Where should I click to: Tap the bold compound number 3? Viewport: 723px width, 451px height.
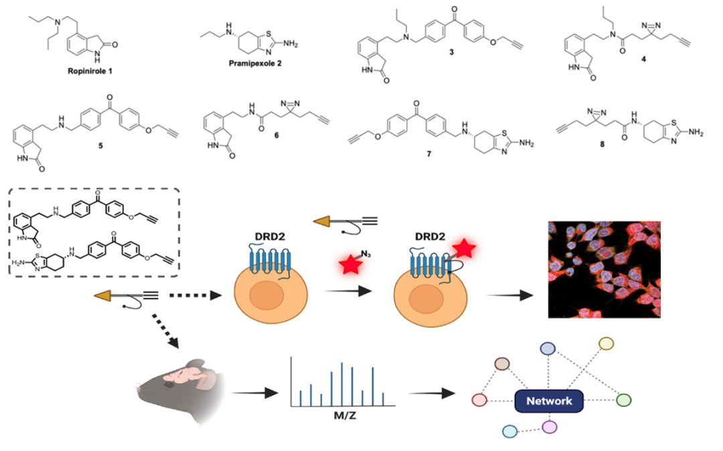[x=451, y=70]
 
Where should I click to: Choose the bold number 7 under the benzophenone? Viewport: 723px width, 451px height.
[x=428, y=153]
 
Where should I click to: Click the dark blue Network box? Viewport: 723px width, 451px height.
[x=548, y=401]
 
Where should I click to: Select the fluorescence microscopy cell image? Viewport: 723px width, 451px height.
[x=604, y=269]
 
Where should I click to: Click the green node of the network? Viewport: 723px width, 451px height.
[x=623, y=399]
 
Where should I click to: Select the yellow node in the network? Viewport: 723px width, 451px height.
[x=606, y=343]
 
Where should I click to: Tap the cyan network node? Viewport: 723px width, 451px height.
[x=509, y=431]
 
